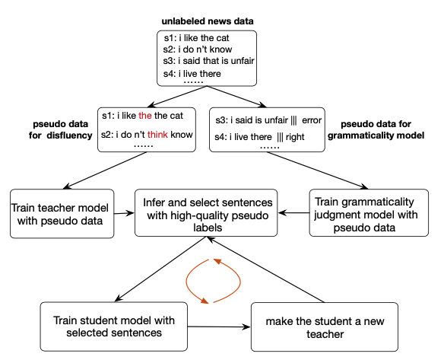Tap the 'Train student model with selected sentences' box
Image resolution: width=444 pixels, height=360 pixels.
(113, 325)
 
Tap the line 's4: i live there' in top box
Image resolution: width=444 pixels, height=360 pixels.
(194, 74)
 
